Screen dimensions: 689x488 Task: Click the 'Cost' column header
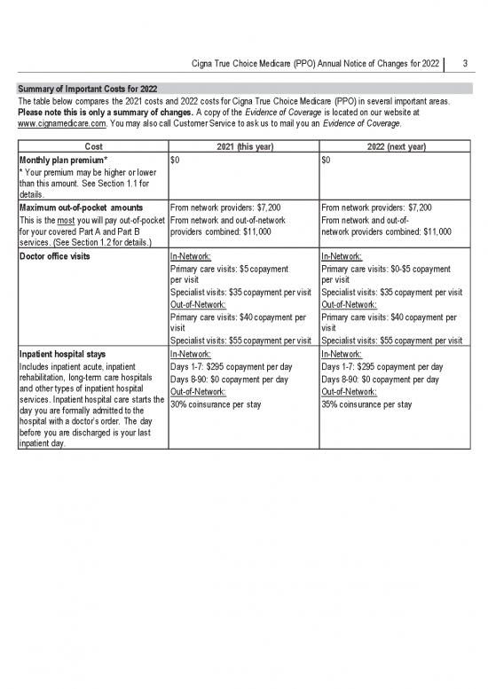click(91, 146)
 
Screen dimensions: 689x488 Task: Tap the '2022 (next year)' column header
click(396, 146)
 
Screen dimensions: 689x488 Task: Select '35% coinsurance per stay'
click(367, 404)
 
